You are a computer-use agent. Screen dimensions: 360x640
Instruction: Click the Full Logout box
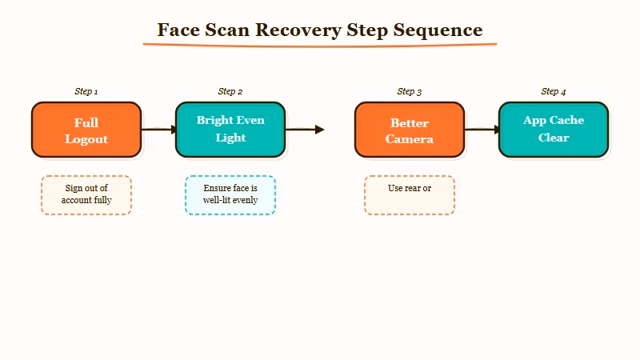[x=86, y=130]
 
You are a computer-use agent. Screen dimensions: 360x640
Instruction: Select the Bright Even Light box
[x=230, y=130]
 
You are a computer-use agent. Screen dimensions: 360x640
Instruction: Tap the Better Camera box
[x=410, y=130]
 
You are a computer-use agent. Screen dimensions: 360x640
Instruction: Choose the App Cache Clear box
[x=554, y=130]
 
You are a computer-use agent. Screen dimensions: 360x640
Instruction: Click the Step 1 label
[x=86, y=91]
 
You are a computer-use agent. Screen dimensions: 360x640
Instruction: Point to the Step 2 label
[x=230, y=91]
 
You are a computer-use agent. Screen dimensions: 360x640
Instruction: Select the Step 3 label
[x=410, y=91]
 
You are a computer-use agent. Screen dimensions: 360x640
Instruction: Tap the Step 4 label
[x=554, y=91]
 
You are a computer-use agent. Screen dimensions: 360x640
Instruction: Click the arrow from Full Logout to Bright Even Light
[x=158, y=130]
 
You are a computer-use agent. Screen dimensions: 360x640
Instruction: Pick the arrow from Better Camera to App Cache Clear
[x=482, y=130]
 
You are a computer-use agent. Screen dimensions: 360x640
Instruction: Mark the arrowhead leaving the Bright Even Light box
[x=319, y=130]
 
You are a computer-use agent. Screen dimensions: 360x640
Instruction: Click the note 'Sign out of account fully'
[x=86, y=194]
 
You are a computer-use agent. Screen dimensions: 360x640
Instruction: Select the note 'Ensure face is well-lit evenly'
[x=230, y=194]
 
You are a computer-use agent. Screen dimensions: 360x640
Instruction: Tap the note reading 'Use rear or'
[x=410, y=194]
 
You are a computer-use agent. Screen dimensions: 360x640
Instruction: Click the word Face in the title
[x=175, y=30]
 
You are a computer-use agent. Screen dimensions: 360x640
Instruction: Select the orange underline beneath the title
[x=320, y=44]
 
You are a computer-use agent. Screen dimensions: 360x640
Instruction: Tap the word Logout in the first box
[x=86, y=139]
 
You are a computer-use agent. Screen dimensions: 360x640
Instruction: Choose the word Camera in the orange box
[x=410, y=139]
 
